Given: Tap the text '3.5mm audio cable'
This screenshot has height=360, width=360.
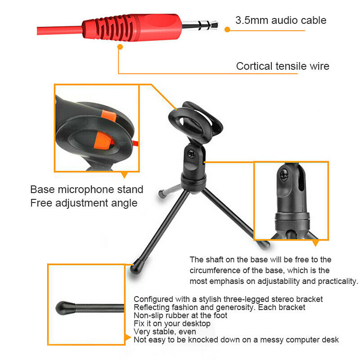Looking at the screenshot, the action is [281, 20].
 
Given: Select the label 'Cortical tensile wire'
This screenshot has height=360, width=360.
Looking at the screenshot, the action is [283, 66].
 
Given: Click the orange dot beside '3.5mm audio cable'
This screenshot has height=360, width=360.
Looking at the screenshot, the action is [227, 29].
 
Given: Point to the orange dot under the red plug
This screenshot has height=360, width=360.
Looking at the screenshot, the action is [120, 47].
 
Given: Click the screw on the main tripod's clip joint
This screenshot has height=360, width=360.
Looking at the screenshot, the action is [191, 153].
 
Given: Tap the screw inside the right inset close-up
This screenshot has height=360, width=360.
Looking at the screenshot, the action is [284, 175].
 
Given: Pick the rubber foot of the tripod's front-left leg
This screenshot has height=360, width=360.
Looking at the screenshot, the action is [137, 267].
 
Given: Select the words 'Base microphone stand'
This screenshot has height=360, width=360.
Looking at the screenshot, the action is [87, 189].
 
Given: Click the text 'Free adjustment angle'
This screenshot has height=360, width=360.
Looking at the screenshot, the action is [84, 203].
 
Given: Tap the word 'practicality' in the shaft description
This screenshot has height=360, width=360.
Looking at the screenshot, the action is [337, 281].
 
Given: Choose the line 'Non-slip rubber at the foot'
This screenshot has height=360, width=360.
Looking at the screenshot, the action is [180, 315].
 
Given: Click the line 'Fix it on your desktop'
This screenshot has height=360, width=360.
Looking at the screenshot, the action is [172, 324].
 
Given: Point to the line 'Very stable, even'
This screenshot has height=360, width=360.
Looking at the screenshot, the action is [165, 332].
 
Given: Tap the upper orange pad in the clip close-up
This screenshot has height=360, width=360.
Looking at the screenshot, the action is [109, 116].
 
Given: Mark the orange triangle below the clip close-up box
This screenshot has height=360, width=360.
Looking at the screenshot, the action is [124, 175].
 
